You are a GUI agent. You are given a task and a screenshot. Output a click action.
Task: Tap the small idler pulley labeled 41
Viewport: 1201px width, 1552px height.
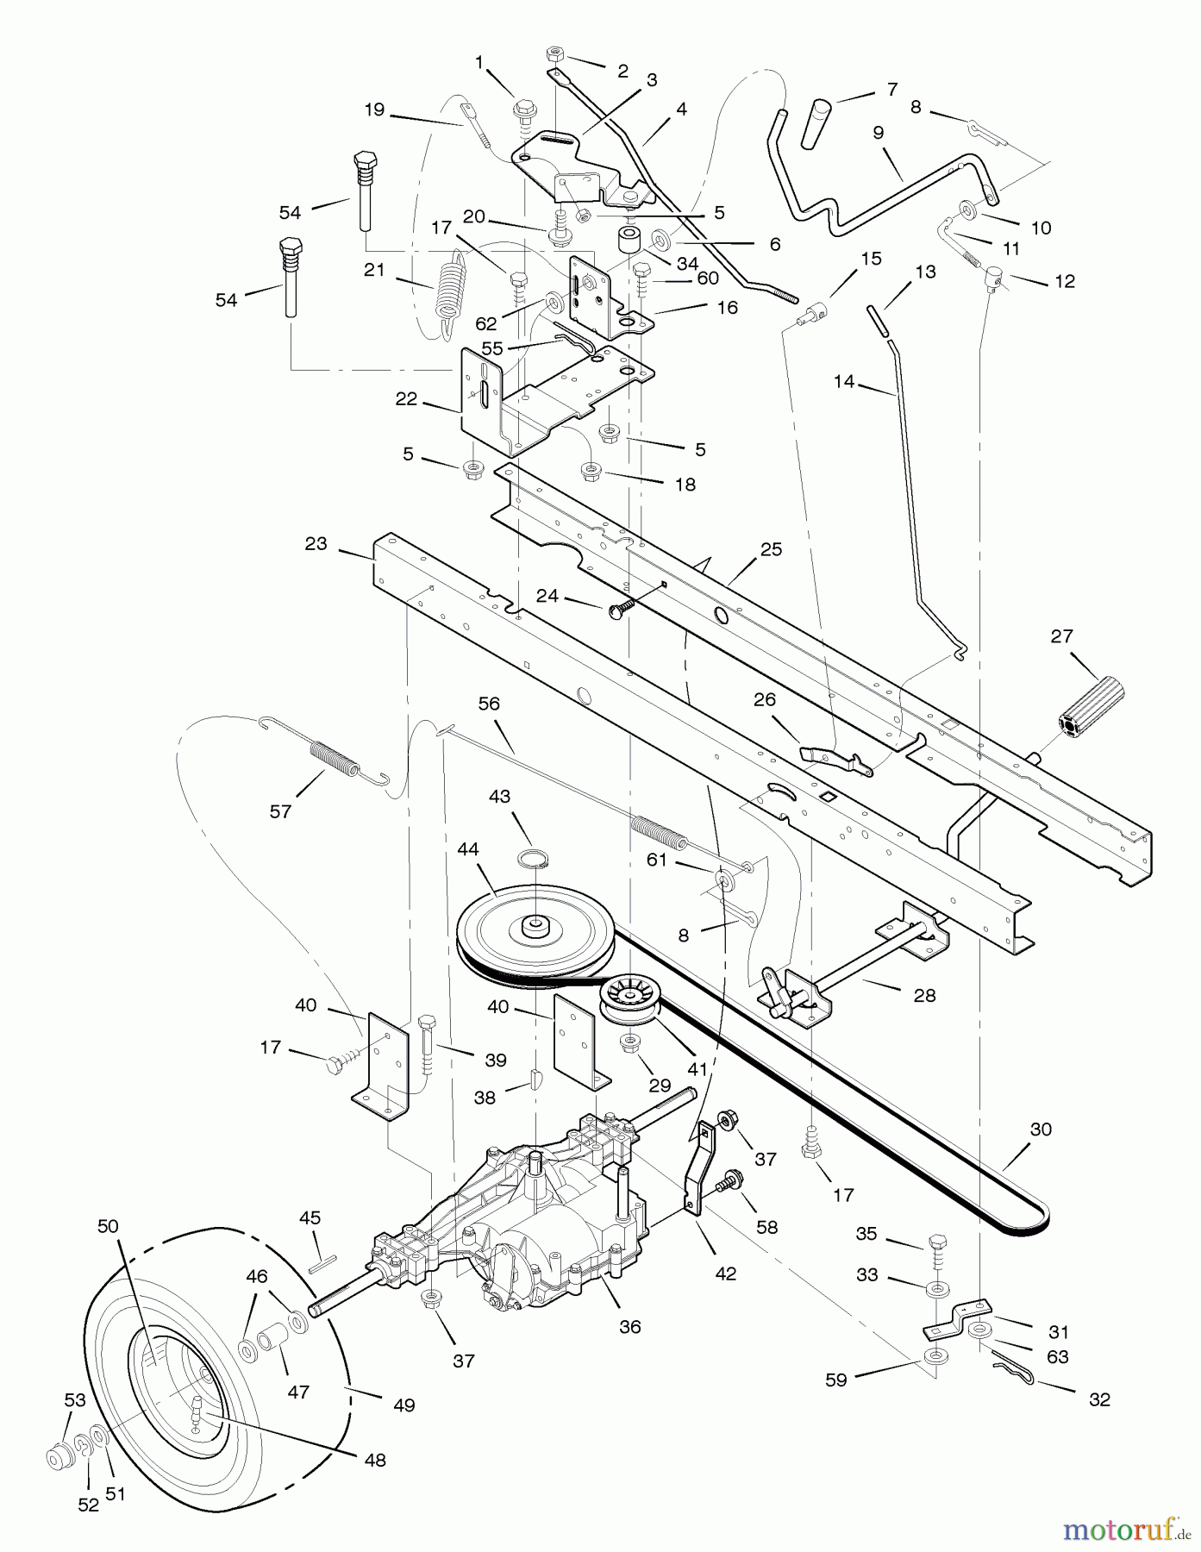tap(630, 1000)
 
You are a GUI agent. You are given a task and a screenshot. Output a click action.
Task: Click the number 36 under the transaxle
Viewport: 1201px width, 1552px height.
tap(630, 1326)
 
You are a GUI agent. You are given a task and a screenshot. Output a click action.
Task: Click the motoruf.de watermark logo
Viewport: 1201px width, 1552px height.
tap(1121, 1530)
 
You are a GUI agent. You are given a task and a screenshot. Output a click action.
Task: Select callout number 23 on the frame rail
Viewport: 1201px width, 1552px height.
tap(316, 543)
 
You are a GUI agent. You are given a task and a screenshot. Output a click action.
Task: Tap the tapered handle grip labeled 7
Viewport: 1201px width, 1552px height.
tap(816, 123)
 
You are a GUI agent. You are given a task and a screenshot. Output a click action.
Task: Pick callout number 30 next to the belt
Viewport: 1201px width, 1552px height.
tap(1041, 1129)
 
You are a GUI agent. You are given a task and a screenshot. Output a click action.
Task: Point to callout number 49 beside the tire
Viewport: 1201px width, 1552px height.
tap(403, 1405)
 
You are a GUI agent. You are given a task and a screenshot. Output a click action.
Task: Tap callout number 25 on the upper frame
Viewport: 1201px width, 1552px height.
tap(771, 549)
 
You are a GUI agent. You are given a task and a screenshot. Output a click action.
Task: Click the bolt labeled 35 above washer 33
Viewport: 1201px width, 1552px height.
tap(938, 1247)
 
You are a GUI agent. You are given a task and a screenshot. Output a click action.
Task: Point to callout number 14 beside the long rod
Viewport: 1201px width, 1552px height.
tap(843, 380)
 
